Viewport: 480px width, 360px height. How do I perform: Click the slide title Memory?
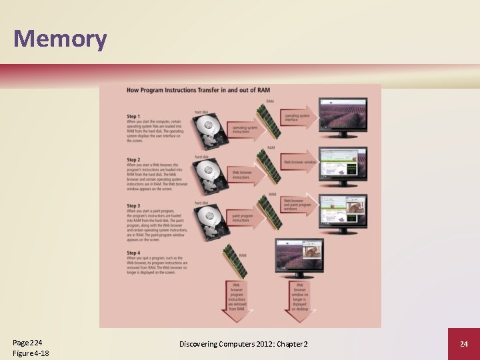tap(60, 39)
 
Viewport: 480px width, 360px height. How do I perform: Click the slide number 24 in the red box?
tap(463, 344)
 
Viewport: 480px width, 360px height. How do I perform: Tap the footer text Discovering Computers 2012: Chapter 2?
tap(243, 344)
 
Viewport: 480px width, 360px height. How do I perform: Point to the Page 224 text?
tap(27, 342)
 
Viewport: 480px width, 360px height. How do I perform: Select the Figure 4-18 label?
tap(31, 353)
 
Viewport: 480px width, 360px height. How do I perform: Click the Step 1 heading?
tap(133, 117)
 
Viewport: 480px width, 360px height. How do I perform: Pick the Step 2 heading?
tap(133, 160)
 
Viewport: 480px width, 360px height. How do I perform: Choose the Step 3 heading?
tap(133, 206)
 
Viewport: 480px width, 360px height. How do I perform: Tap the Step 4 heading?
tap(133, 253)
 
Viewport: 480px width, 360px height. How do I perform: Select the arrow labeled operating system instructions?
tap(243, 129)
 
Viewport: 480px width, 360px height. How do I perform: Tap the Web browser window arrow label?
tap(299, 162)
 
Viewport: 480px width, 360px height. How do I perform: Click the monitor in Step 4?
tap(299, 260)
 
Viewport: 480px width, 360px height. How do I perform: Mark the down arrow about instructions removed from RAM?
tap(237, 300)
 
